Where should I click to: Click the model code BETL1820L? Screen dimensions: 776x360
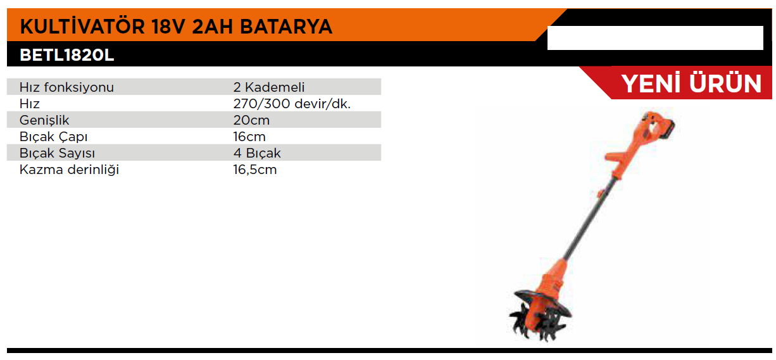[x=67, y=55]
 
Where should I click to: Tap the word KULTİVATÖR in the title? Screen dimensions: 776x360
[x=82, y=26]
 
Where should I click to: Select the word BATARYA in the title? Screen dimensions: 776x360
[x=286, y=27]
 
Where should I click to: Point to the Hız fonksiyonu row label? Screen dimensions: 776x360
[x=66, y=87]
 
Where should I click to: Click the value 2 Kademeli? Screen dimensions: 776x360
[x=269, y=87]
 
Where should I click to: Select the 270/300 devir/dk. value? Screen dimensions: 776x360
[x=292, y=104]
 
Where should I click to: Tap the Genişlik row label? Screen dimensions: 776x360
[x=44, y=120]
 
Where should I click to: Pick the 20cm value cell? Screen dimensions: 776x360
[x=251, y=120]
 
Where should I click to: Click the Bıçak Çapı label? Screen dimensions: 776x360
[x=53, y=137]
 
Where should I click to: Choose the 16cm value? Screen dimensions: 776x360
[x=249, y=137]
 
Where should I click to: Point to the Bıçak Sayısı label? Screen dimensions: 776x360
[x=57, y=153]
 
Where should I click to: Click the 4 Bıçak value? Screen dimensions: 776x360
[x=257, y=153]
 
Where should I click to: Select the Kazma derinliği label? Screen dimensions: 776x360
[x=69, y=170]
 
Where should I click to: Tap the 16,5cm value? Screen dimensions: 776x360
[x=254, y=170]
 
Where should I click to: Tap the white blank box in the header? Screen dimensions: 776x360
[x=655, y=38]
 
